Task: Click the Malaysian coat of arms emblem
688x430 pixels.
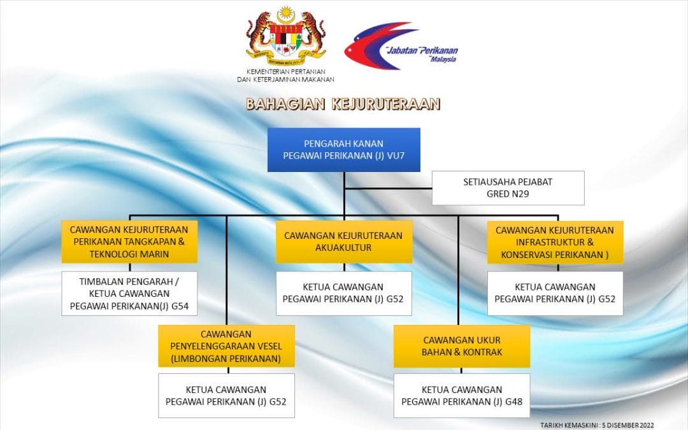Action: (x=285, y=35)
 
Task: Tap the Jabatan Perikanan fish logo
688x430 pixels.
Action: (x=401, y=46)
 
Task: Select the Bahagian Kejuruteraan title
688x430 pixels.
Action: (x=343, y=104)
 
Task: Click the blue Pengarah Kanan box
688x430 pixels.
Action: (x=344, y=150)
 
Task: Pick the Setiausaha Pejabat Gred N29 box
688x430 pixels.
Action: (x=508, y=188)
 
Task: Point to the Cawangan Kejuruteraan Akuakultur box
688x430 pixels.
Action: (x=344, y=242)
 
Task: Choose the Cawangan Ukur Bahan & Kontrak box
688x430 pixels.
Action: (x=462, y=346)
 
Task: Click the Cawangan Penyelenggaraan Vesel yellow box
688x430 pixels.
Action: (x=226, y=346)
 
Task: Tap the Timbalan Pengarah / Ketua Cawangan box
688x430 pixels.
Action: (x=129, y=294)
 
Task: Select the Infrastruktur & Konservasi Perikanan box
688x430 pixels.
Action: (x=555, y=242)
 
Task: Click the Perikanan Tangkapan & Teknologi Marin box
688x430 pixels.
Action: (x=129, y=242)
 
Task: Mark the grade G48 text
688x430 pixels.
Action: (x=514, y=401)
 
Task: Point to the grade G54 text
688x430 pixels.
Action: (x=180, y=306)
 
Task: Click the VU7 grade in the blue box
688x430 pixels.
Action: (x=396, y=156)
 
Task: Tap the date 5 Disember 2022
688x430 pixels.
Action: (x=628, y=425)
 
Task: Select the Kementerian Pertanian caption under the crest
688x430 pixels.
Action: (x=285, y=75)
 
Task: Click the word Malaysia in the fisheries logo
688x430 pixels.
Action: (x=443, y=59)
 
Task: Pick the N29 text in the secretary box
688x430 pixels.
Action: (x=520, y=194)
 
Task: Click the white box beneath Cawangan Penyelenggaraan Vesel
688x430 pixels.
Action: (x=226, y=396)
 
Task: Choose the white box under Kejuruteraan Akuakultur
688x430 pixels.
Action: (x=344, y=294)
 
